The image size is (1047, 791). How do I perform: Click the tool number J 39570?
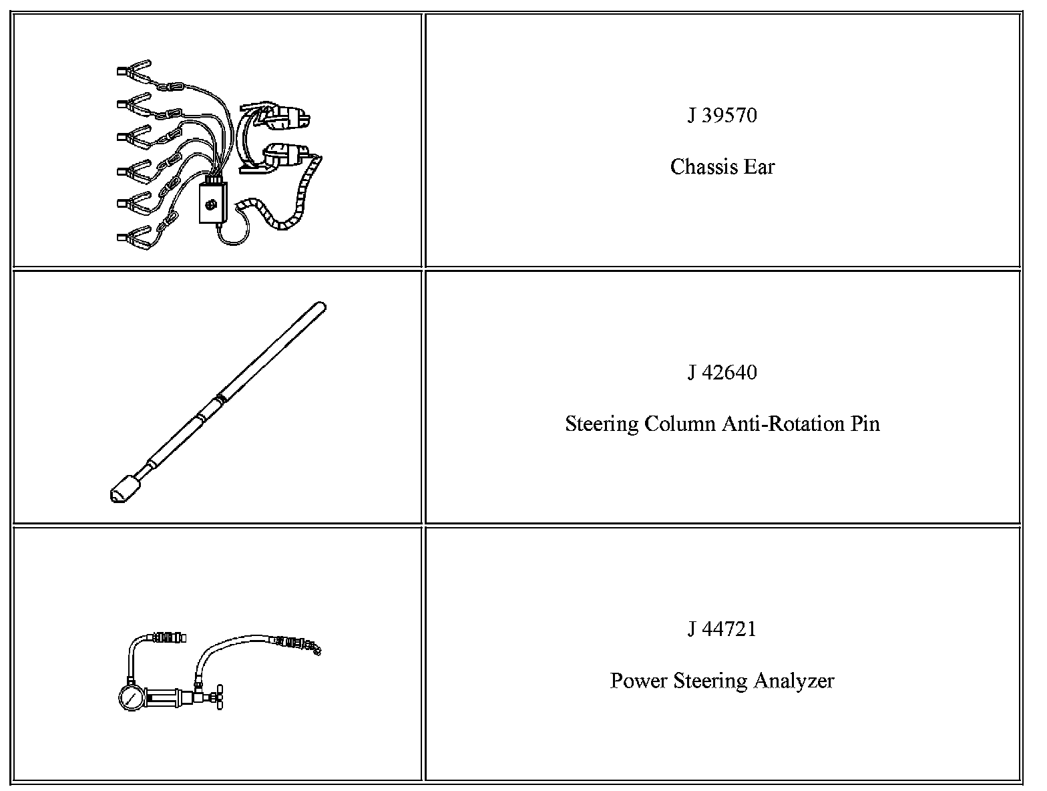point(722,116)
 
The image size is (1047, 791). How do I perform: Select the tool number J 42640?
point(722,372)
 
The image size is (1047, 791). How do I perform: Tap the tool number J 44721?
point(722,629)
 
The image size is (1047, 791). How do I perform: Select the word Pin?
point(865,424)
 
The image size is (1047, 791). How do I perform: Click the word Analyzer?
point(794,681)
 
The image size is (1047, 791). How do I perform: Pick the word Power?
point(638,681)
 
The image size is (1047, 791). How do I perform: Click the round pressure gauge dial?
point(130,697)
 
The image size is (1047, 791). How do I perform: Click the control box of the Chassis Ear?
point(213,203)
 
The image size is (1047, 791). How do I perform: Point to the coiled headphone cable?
point(287,207)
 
